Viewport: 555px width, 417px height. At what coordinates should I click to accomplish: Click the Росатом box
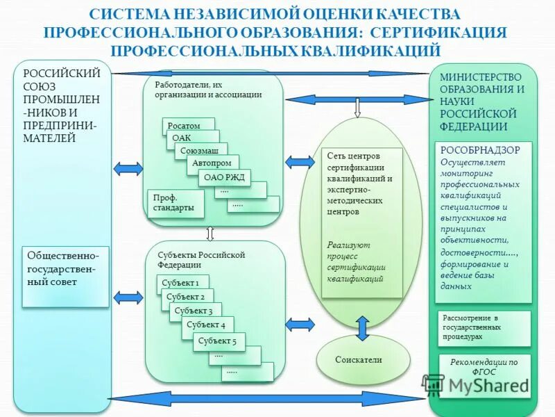tap(184, 126)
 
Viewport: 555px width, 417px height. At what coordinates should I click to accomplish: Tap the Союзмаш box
tap(199, 150)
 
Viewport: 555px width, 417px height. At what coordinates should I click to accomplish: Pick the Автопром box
tap(212, 163)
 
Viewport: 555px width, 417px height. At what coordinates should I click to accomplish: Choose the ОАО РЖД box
tap(224, 177)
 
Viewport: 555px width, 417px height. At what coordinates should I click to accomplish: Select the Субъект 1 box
tap(180, 283)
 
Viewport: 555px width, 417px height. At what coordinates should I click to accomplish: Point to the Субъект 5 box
tap(217, 341)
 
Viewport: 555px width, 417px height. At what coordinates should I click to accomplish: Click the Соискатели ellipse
tap(359, 359)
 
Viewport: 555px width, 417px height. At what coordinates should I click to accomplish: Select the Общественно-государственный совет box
tap(65, 276)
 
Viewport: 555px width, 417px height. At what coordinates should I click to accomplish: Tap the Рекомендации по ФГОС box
tap(484, 367)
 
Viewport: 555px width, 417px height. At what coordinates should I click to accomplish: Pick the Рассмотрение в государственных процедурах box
tap(484, 327)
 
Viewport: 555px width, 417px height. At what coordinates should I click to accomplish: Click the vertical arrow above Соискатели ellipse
tap(361, 327)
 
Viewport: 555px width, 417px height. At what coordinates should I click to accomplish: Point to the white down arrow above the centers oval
tap(358, 108)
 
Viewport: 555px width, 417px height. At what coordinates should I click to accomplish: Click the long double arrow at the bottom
tap(267, 398)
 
